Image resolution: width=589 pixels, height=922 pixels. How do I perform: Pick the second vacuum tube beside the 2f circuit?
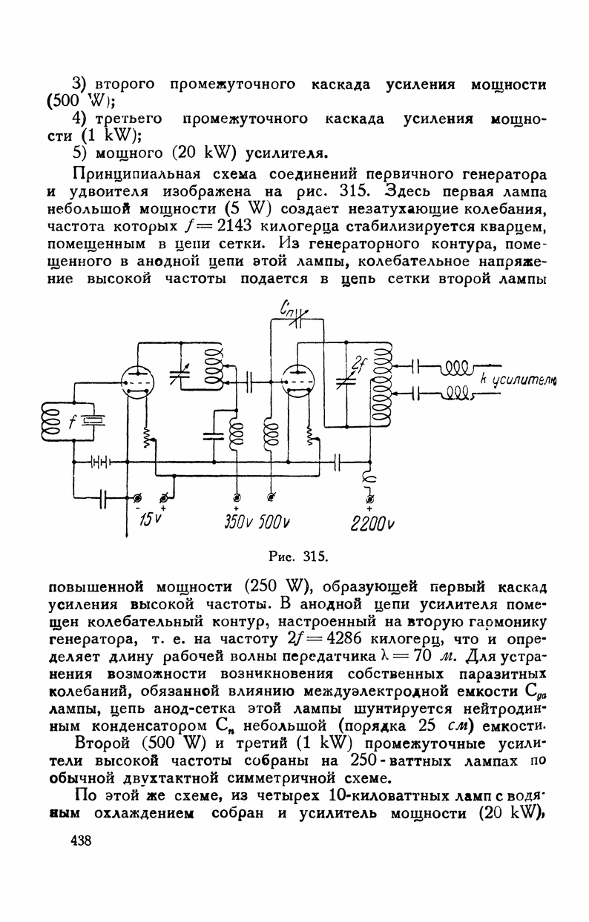[300, 383]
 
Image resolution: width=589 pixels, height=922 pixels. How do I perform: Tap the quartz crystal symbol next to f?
[95, 422]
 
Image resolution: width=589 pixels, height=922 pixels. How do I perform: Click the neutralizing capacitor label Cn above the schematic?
[287, 306]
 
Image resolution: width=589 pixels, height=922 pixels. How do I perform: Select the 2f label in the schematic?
[361, 364]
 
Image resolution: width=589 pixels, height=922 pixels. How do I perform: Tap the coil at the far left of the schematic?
[53, 420]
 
